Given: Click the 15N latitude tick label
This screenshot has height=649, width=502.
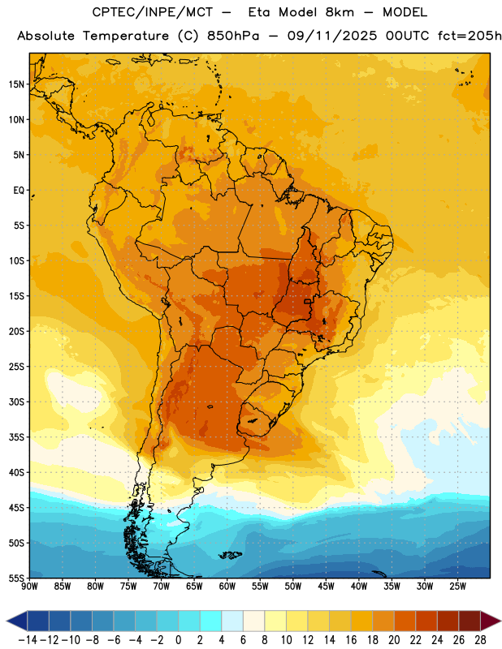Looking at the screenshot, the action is (x=16, y=84).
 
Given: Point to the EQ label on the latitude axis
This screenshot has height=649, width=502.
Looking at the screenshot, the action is (x=19, y=191).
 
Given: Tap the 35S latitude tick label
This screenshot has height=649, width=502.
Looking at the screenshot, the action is (x=16, y=437).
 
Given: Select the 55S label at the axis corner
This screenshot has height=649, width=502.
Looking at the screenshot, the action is (x=16, y=578).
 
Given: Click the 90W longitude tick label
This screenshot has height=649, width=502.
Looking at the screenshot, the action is (x=29, y=587).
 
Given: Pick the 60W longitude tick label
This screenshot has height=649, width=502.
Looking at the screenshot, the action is (x=227, y=587).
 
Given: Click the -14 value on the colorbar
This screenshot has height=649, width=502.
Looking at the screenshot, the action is (x=28, y=640).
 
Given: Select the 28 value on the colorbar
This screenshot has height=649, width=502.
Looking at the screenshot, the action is (x=480, y=640).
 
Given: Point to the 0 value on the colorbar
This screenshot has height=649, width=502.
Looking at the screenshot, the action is (x=178, y=640).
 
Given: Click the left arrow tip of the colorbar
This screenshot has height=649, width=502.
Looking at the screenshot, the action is (x=6, y=621).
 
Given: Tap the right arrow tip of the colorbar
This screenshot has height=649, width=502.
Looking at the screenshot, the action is (x=500, y=621).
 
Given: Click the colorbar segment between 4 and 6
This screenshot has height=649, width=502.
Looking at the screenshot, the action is (x=232, y=621).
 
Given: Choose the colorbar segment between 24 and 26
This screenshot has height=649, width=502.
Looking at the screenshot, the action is (x=448, y=621).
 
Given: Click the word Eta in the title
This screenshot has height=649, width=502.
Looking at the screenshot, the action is (x=259, y=12).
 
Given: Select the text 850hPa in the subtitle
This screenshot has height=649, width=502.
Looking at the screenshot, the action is (x=233, y=36).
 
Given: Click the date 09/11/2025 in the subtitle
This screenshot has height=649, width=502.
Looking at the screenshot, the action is (x=332, y=36).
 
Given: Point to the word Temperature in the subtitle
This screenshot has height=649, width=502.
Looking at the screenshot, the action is (x=126, y=37).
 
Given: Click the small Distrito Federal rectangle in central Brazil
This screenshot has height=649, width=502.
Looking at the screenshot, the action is (x=307, y=301).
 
